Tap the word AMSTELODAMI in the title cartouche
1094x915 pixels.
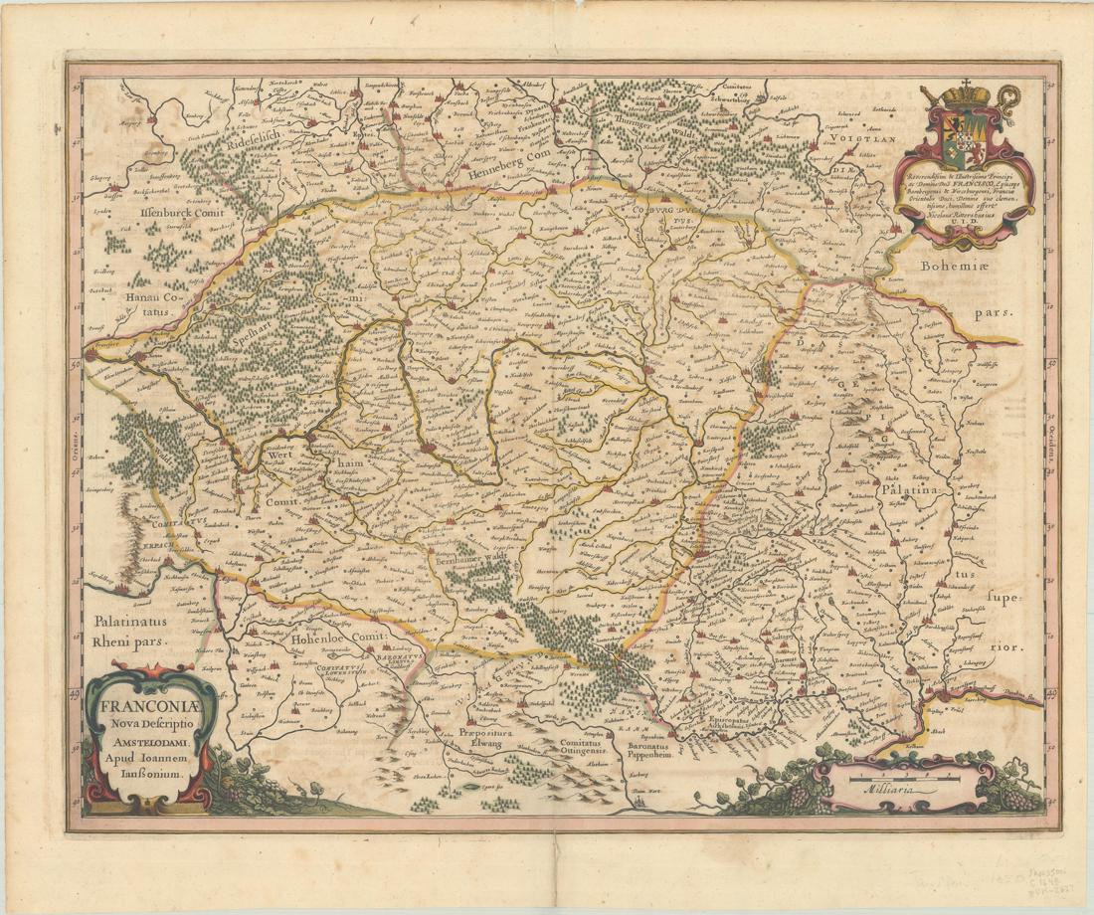[145, 742]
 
